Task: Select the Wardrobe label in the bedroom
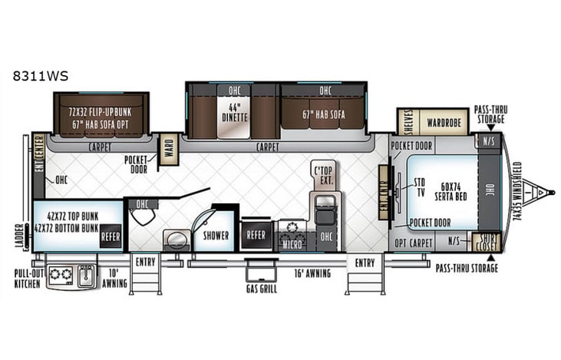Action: [x=444, y=121]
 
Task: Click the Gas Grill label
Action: [x=262, y=289]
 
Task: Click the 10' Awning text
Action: [x=113, y=277]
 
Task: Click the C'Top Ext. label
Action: [x=323, y=173]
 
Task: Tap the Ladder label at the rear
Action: [x=19, y=236]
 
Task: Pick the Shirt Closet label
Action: [x=485, y=242]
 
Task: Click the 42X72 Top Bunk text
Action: [x=67, y=216]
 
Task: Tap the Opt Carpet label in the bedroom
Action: [x=414, y=243]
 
